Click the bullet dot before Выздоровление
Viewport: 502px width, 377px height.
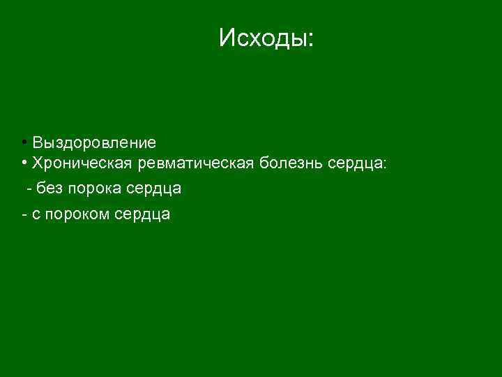point(24,142)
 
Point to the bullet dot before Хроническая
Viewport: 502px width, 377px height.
point(24,163)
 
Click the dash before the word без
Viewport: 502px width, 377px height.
point(29,189)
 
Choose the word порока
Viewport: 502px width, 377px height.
point(96,189)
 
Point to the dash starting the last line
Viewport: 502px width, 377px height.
point(24,215)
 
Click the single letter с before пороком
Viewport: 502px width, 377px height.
point(36,215)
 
